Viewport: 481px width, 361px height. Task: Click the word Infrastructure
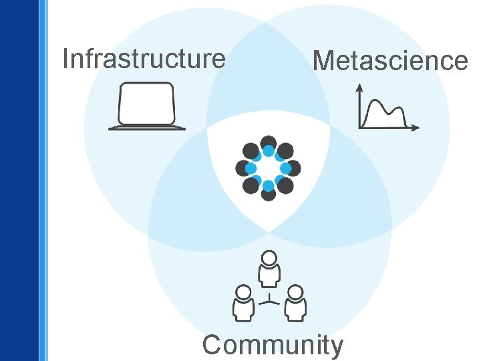[144, 59]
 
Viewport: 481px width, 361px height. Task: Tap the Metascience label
[390, 61]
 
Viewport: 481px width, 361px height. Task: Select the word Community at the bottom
[273, 346]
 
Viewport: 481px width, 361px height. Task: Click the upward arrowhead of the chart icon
[360, 87]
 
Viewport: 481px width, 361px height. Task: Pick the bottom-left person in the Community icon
[243, 303]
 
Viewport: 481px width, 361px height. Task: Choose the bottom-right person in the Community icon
[295, 303]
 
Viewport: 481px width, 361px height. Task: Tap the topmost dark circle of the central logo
[268, 142]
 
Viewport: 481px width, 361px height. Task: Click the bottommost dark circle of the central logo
[268, 194]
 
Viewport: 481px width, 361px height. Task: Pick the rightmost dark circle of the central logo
[293, 168]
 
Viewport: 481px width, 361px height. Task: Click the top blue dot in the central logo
[268, 151]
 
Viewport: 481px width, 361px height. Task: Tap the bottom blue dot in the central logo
[268, 185]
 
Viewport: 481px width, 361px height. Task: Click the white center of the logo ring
[268, 168]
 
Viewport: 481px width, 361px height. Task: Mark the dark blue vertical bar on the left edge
[19, 180]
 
